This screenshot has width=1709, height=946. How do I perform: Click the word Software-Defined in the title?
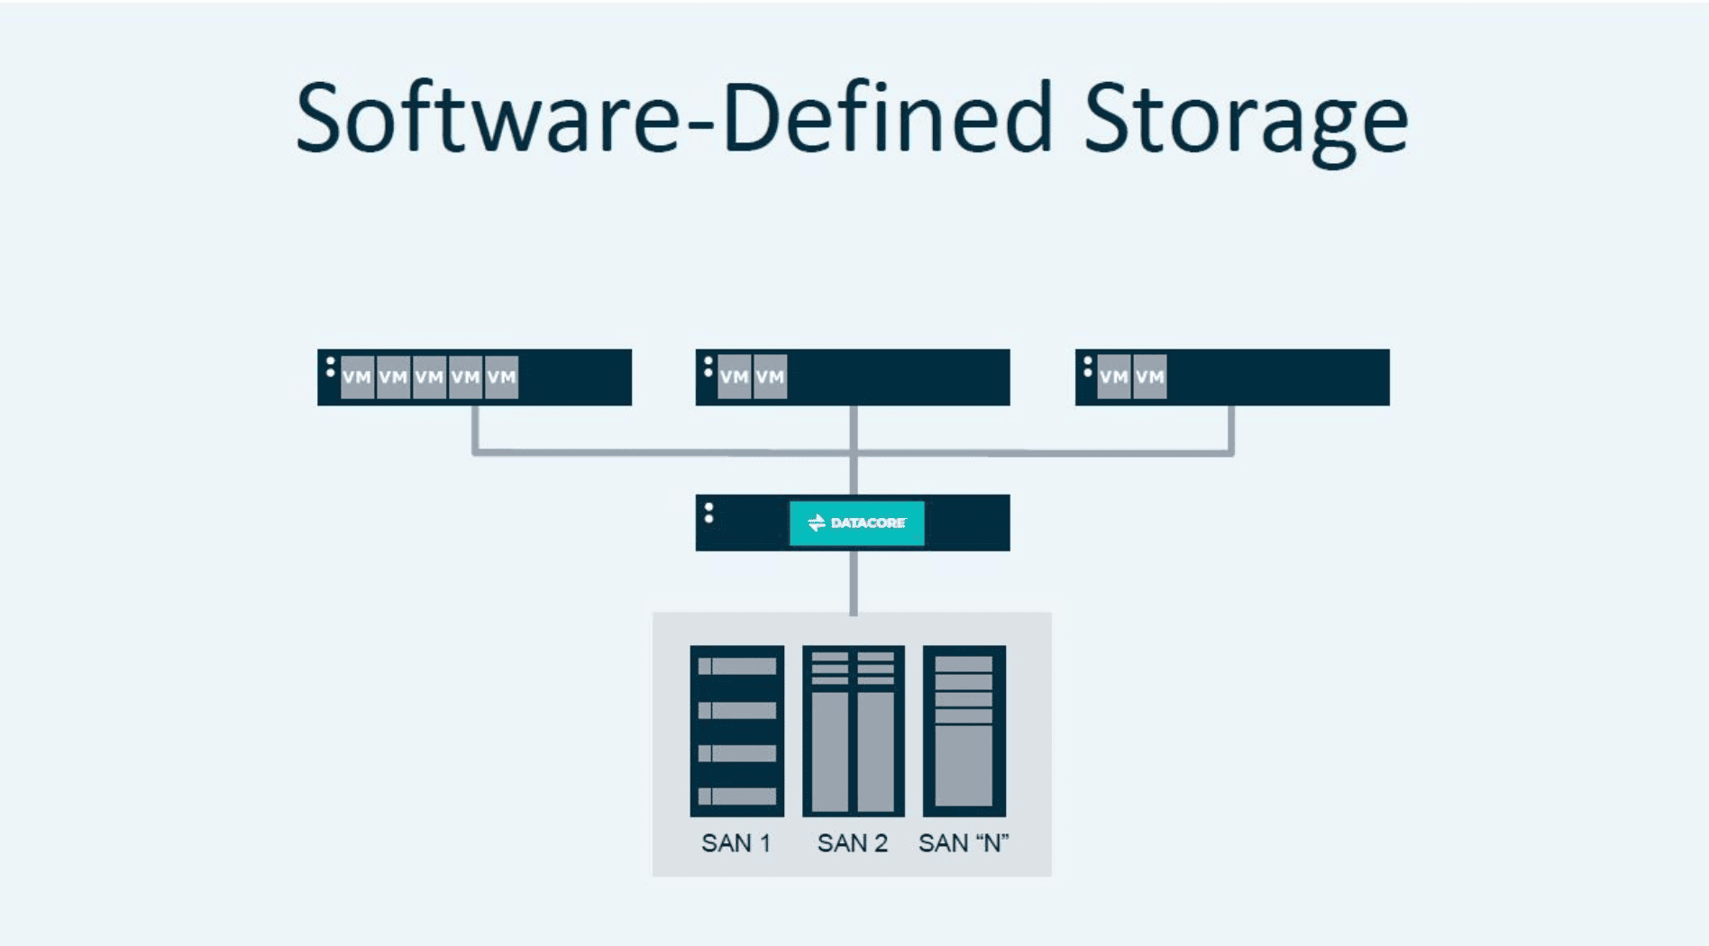point(674,118)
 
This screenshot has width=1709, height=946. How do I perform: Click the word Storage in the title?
point(1247,124)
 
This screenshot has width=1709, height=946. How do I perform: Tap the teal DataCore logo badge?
point(856,523)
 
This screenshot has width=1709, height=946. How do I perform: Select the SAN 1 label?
point(736,843)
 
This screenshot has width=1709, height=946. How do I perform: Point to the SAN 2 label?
point(853,843)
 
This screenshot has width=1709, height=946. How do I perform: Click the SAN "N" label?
point(964,843)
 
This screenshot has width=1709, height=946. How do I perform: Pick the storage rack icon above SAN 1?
point(737,731)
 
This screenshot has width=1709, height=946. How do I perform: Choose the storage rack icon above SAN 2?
point(853,731)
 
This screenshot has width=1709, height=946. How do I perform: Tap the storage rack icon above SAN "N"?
point(964,731)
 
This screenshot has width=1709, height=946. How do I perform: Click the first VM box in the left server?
point(357,377)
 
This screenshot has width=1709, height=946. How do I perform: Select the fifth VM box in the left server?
point(501,377)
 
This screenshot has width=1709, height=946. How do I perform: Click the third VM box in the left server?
point(429,377)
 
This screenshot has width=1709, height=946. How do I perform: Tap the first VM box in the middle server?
point(735,377)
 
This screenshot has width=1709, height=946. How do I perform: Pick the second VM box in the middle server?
point(770,377)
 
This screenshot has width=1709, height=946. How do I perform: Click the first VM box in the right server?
point(1114,377)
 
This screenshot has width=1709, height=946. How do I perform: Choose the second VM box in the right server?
point(1149,377)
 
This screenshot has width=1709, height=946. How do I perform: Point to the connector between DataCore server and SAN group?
point(854,582)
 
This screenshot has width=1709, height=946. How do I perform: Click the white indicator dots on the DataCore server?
point(709,513)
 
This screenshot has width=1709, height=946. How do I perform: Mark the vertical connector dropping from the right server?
point(1231,428)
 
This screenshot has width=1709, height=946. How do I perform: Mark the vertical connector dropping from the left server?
point(475,428)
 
